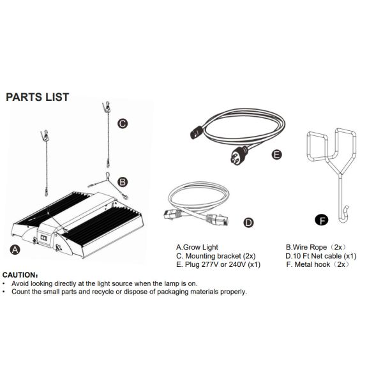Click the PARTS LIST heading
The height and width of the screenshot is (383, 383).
coord(38,97)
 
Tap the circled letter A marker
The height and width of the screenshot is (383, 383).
coord(15,250)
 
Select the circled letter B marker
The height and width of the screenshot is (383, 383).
coord(123,182)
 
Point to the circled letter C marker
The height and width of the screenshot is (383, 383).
coord(123,124)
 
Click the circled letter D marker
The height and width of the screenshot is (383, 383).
coord(248,223)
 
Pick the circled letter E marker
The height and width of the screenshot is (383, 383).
coord(277,154)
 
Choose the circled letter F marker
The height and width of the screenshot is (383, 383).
coord(322,220)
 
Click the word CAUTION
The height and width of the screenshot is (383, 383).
coord(20,275)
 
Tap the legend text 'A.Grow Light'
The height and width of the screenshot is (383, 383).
coord(197,247)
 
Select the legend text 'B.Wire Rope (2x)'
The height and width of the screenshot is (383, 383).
coord(316,247)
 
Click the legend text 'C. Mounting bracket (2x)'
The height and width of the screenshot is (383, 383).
coord(216,256)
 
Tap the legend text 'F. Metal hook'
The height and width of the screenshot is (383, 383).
coord(308,264)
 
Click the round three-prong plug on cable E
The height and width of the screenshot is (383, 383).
coord(239,154)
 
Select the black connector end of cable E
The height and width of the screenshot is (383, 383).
coord(197,132)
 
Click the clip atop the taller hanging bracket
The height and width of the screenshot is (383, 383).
coord(107,107)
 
